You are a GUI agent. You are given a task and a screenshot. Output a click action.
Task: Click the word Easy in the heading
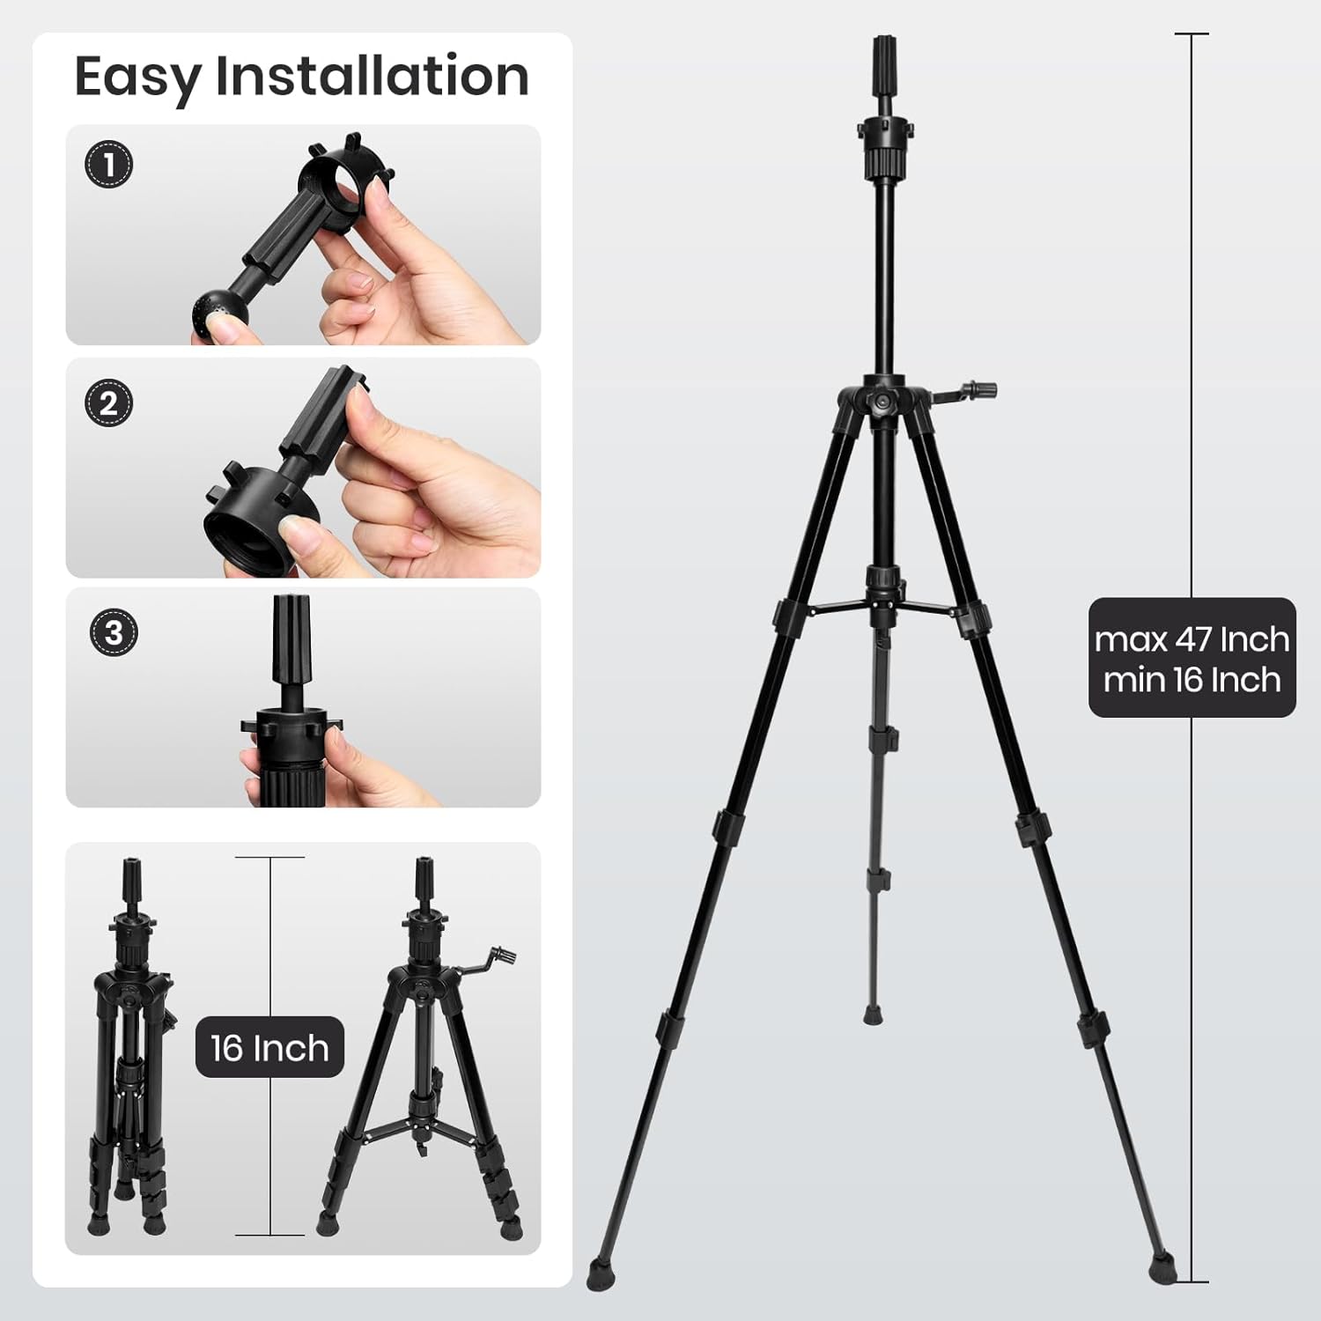[x=138, y=77]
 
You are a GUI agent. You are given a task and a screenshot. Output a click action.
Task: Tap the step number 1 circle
[x=109, y=165]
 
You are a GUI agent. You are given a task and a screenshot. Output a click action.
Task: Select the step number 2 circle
[x=109, y=403]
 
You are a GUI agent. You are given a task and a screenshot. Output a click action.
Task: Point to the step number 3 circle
[x=114, y=632]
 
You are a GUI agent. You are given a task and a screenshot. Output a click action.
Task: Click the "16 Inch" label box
[x=269, y=1048]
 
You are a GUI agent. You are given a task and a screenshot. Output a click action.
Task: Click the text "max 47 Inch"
[x=1192, y=639]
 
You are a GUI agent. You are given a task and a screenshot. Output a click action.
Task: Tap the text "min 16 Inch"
[x=1192, y=680]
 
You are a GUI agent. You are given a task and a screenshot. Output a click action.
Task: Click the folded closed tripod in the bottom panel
[x=130, y=1047]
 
